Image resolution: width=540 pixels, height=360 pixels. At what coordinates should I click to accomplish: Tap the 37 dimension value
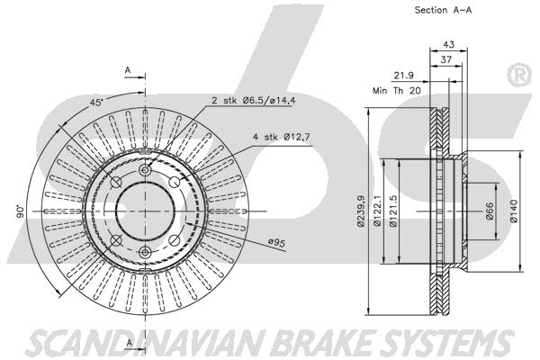pyautogui.click(x=446, y=60)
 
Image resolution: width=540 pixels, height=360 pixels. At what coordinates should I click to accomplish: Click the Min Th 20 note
pyautogui.click(x=397, y=90)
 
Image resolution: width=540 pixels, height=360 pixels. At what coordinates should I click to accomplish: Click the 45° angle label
pyautogui.click(x=95, y=103)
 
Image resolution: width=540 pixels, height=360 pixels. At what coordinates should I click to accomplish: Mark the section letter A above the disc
pyautogui.click(x=128, y=69)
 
